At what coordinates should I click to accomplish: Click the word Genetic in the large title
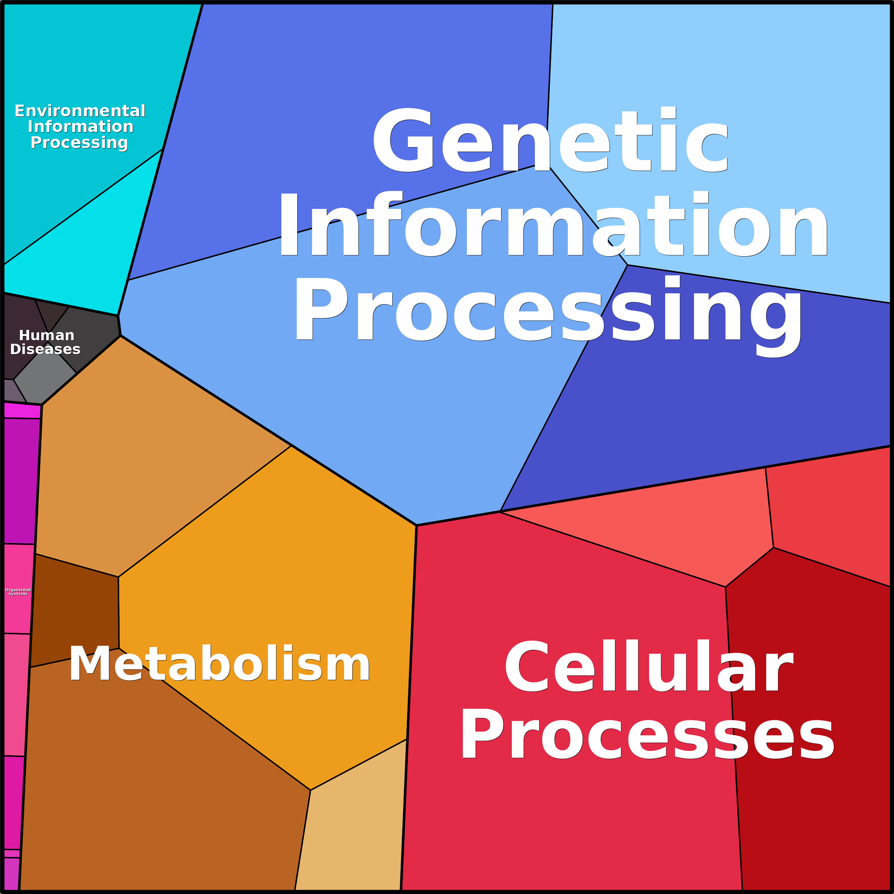(x=551, y=140)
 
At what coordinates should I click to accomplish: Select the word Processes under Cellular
(x=647, y=734)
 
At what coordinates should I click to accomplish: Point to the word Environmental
(x=80, y=111)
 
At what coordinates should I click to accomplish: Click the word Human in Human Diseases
(x=47, y=336)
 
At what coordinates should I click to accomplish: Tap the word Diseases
(x=45, y=349)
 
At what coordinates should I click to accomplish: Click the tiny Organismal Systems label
(x=18, y=592)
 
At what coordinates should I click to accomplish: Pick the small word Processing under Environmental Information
(x=79, y=142)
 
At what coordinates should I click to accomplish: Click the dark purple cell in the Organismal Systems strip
(x=21, y=481)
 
